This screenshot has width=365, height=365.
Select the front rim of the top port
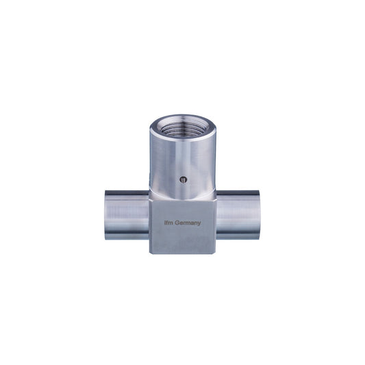click(182, 137)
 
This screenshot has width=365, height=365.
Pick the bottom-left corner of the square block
click(150, 254)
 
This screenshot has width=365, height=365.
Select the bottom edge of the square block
click(182, 254)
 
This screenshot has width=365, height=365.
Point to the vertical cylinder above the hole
click(181, 158)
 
